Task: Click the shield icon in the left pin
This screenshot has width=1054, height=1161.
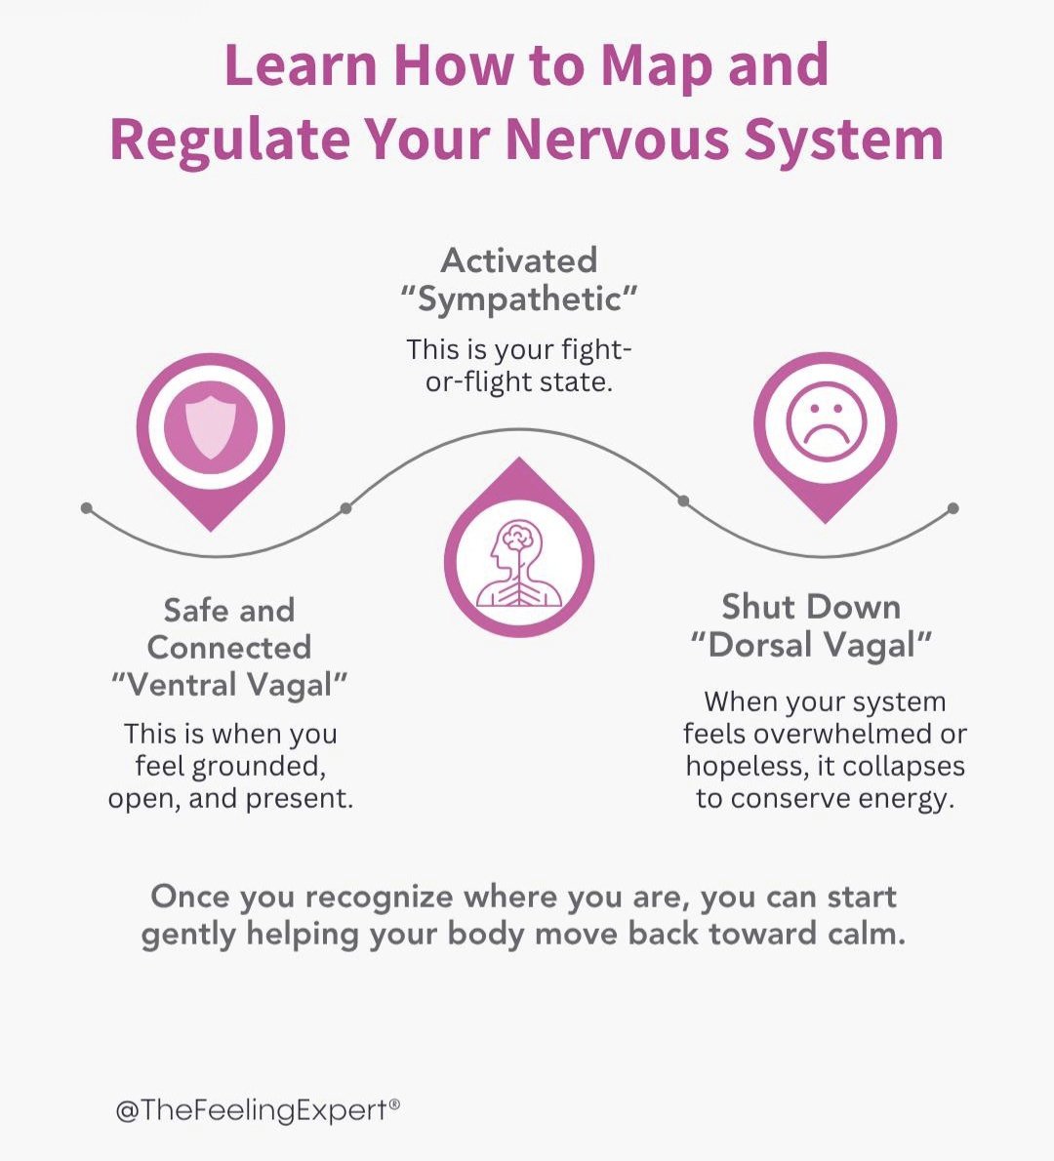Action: [211, 427]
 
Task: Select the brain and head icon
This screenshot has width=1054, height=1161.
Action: [519, 564]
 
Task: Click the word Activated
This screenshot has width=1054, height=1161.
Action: [519, 260]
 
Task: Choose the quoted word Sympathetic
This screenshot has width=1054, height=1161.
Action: [519, 300]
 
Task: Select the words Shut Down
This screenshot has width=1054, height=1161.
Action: [811, 607]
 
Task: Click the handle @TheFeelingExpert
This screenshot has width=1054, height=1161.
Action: [257, 1110]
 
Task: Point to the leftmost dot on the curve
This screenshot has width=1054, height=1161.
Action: [87, 508]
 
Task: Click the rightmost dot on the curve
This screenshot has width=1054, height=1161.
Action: [953, 508]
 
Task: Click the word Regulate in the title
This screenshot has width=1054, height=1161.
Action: [229, 139]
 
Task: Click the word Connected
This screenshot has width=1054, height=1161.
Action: [229, 647]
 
